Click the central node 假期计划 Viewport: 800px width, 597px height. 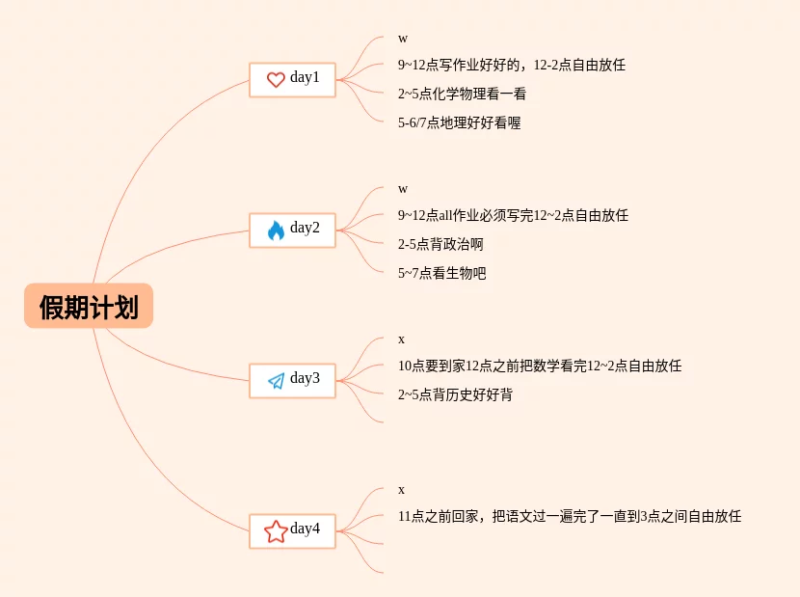tap(89, 307)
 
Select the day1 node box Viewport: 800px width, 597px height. tap(292, 79)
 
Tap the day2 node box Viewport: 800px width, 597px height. tap(292, 230)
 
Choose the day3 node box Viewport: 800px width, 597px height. tap(292, 380)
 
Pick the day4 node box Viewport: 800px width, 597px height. tap(292, 530)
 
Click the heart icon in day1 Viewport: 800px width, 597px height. tap(276, 80)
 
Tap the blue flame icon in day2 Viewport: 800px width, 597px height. tap(276, 231)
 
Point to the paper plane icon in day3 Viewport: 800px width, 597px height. tap(276, 381)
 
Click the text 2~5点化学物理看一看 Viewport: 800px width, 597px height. tap(462, 94)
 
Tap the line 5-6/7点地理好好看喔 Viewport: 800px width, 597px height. tap(459, 122)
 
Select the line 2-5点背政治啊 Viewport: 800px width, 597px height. tap(440, 244)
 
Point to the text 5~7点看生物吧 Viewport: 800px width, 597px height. tap(441, 273)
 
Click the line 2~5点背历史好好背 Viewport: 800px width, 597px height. tap(455, 394)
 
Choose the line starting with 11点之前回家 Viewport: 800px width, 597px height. tap(569, 516)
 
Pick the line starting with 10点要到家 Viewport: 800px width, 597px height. tap(539, 366)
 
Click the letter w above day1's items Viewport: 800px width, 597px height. tap(403, 38)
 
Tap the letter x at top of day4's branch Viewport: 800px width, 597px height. tap(402, 489)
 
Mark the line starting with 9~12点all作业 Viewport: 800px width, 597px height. tap(513, 215)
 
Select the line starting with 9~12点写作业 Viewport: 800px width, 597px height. tap(511, 65)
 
